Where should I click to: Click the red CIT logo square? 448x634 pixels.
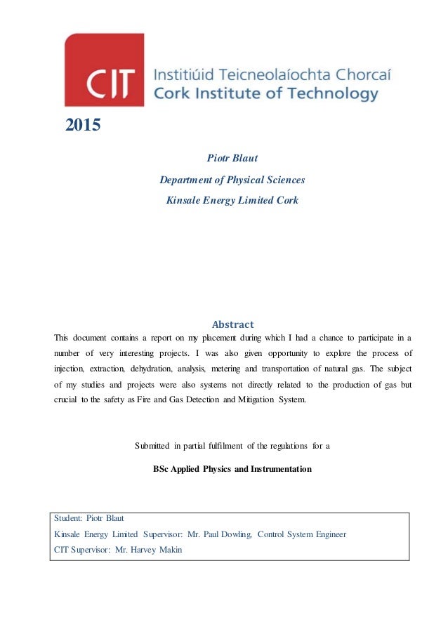pyautogui.click(x=104, y=70)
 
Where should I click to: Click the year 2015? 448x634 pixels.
pyautogui.click(x=83, y=126)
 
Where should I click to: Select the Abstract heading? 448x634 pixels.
pyautogui.click(x=232, y=324)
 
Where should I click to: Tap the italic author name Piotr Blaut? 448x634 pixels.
pyautogui.click(x=232, y=159)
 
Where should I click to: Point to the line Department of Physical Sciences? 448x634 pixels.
pyautogui.click(x=232, y=180)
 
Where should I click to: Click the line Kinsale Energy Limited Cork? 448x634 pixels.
pyautogui.click(x=232, y=200)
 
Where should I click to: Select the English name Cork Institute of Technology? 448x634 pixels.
pyautogui.click(x=266, y=93)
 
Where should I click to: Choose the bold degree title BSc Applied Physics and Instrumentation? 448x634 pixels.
pyautogui.click(x=232, y=468)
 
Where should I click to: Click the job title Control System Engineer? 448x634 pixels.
pyautogui.click(x=302, y=534)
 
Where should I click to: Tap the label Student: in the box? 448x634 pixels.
pyautogui.click(x=68, y=519)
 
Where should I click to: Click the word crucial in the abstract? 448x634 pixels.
pyautogui.click(x=67, y=400)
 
